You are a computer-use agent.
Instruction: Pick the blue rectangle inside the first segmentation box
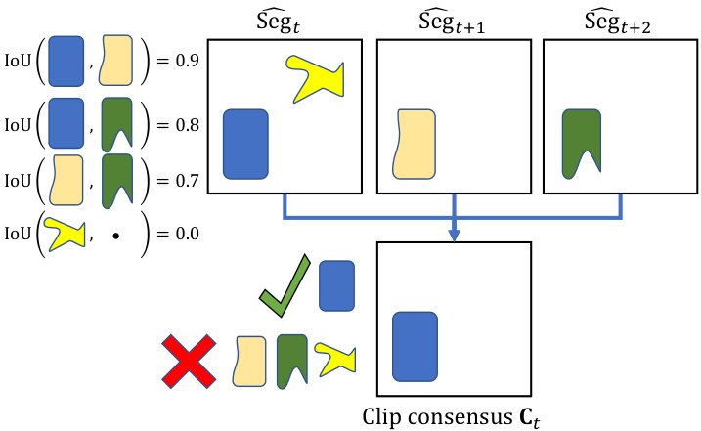pos(245,145)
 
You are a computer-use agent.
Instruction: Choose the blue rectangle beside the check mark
pos(337,286)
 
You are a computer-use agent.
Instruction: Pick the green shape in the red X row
pos(292,359)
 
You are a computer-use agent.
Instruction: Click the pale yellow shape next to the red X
pos(251,362)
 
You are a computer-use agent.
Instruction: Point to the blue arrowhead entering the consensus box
pos(454,235)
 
